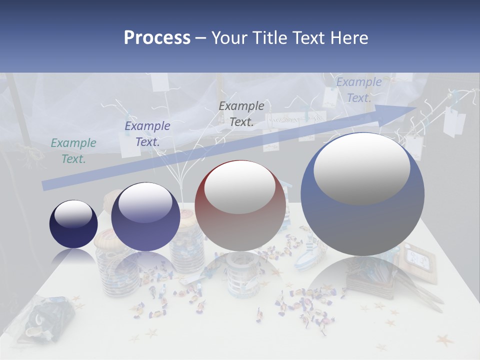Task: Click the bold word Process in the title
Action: pyautogui.click(x=157, y=38)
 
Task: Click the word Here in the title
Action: pyautogui.click(x=349, y=38)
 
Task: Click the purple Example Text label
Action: pyautogui.click(x=147, y=134)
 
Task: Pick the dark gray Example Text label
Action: pyautogui.click(x=241, y=113)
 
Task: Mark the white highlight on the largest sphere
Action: pyautogui.click(x=361, y=169)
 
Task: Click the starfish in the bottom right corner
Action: pyautogui.click(x=444, y=340)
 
